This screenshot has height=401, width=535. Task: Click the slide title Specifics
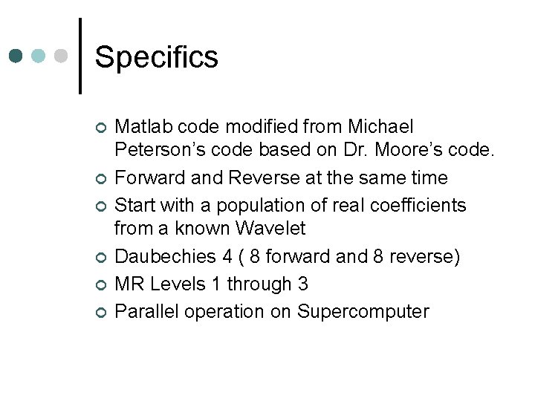pyautogui.click(x=157, y=57)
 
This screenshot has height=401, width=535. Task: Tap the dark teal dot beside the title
pyautogui.click(x=16, y=56)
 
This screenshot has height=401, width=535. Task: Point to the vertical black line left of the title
pyautogui.click(x=80, y=56)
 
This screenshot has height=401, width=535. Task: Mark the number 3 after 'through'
pyautogui.click(x=302, y=284)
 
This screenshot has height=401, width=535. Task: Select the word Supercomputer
pyautogui.click(x=363, y=310)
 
